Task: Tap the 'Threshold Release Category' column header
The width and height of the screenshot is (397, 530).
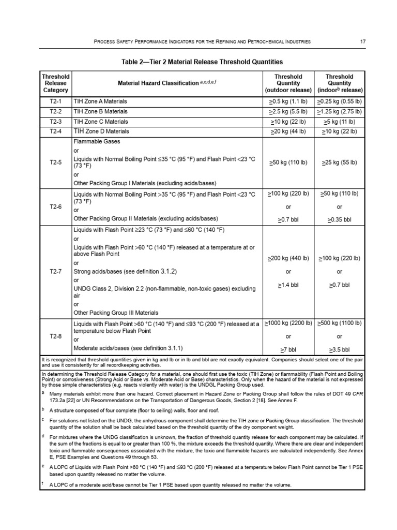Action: [x=55, y=83]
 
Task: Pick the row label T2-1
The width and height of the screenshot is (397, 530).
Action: [x=55, y=101]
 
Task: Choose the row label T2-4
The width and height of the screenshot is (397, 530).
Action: [x=55, y=131]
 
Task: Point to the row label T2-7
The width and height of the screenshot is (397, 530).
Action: [x=55, y=271]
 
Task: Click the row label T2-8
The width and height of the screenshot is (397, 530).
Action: [x=55, y=336]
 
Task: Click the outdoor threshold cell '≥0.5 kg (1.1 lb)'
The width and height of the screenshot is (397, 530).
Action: [x=288, y=101]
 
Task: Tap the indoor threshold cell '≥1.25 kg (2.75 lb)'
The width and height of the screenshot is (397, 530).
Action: [x=340, y=111]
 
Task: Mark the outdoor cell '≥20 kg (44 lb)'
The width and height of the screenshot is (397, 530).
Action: [x=288, y=131]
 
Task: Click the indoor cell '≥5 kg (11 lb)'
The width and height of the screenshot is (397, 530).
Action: [x=340, y=122]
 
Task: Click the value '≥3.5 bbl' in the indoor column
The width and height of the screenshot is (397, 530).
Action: [x=340, y=349]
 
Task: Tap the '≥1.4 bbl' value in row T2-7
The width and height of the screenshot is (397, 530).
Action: [x=288, y=285]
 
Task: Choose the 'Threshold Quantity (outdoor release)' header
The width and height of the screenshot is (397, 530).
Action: [x=288, y=83]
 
